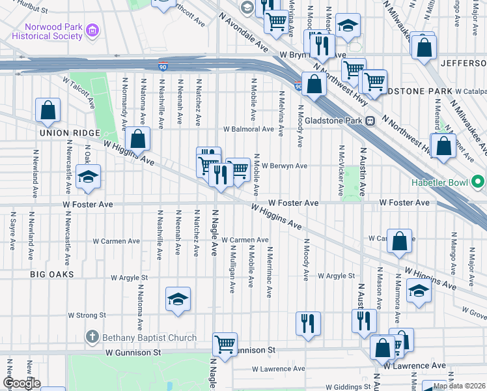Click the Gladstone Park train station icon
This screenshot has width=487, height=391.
pyautogui.click(x=370, y=121)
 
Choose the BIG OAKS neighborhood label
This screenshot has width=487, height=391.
pyautogui.click(x=51, y=275)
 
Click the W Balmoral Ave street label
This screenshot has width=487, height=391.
pyautogui.click(x=248, y=129)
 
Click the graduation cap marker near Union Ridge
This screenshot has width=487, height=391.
pyautogui.click(x=89, y=177)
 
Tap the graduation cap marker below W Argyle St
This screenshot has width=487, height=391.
pyautogui.click(x=178, y=299)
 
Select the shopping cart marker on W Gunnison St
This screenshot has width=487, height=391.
pyautogui.click(x=225, y=343)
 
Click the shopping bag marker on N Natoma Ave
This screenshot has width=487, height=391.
pyautogui.click(x=138, y=138)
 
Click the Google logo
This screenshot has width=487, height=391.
pyautogui.click(x=21, y=383)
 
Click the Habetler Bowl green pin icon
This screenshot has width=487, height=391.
pyautogui.click(x=479, y=181)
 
